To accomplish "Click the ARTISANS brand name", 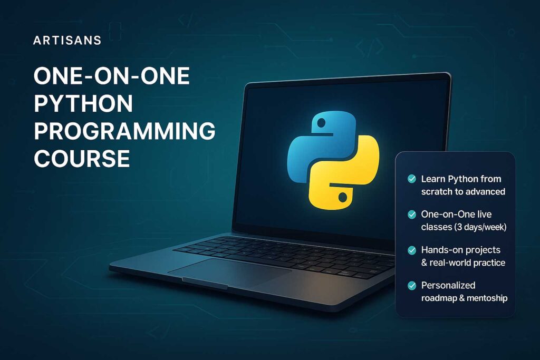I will [67, 41].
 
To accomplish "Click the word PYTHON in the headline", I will [83, 103].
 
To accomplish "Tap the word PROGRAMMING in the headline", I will [124, 131].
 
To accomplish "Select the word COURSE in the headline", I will [82, 158].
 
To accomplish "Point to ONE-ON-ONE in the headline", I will [111, 76].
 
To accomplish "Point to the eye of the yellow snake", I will [342, 198].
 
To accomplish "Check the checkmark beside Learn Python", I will [412, 179].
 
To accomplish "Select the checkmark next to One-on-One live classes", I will [412, 215].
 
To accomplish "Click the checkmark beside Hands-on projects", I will [412, 250].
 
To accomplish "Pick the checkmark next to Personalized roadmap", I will [412, 285].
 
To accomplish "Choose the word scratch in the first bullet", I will [436, 191].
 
